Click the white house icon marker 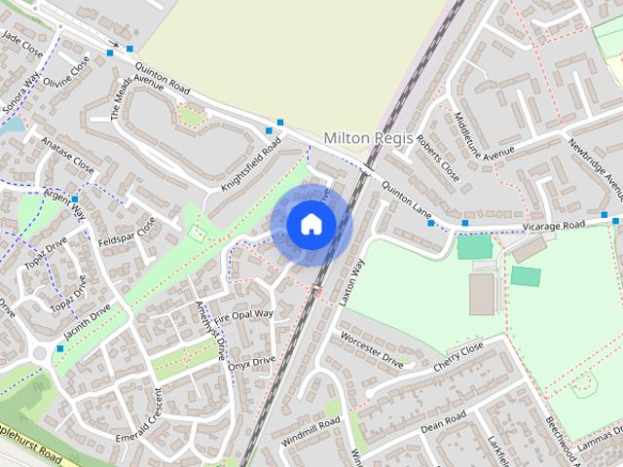pyautogui.click(x=311, y=224)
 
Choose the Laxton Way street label pyautogui.click(x=350, y=283)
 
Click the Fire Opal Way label pyautogui.click(x=244, y=315)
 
